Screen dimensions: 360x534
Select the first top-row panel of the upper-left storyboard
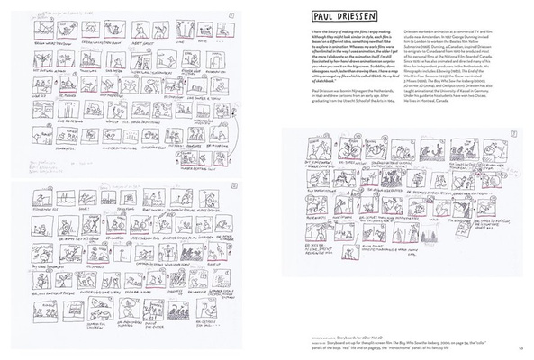click(x=36, y=31)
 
